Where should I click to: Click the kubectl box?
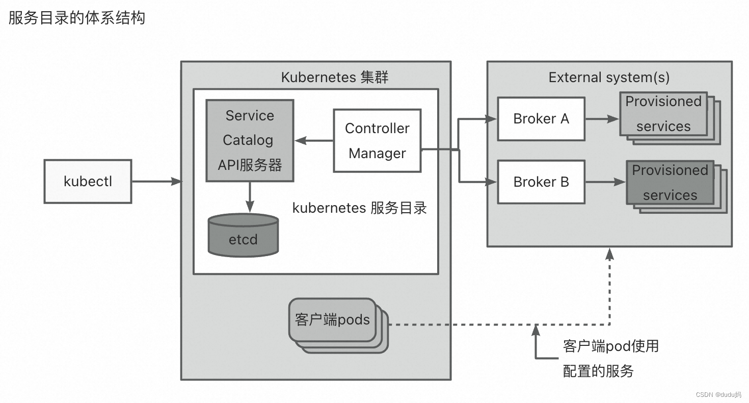coord(88,182)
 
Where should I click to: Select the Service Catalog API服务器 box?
coord(250,140)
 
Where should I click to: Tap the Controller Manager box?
coord(377,140)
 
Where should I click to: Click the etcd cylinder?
coord(243,236)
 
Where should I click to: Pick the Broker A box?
coord(541,119)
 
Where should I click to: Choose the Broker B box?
coord(541,182)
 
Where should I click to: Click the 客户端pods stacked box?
coord(332,320)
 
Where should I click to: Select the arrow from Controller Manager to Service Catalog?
coord(313,140)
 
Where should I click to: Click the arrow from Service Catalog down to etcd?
coord(250,196)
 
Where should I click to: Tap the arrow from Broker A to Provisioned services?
coord(602,119)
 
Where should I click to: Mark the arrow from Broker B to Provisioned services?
coord(605,182)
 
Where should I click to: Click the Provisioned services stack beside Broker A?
coord(663,114)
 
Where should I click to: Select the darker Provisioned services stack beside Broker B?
coord(670,183)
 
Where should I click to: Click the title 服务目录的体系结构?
coord(77,18)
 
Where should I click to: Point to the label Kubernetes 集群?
coord(335,78)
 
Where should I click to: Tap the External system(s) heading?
coord(609,78)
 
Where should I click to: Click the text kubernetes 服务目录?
coord(359,208)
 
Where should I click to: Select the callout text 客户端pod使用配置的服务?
coord(610,358)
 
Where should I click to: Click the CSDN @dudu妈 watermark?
coord(718,395)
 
